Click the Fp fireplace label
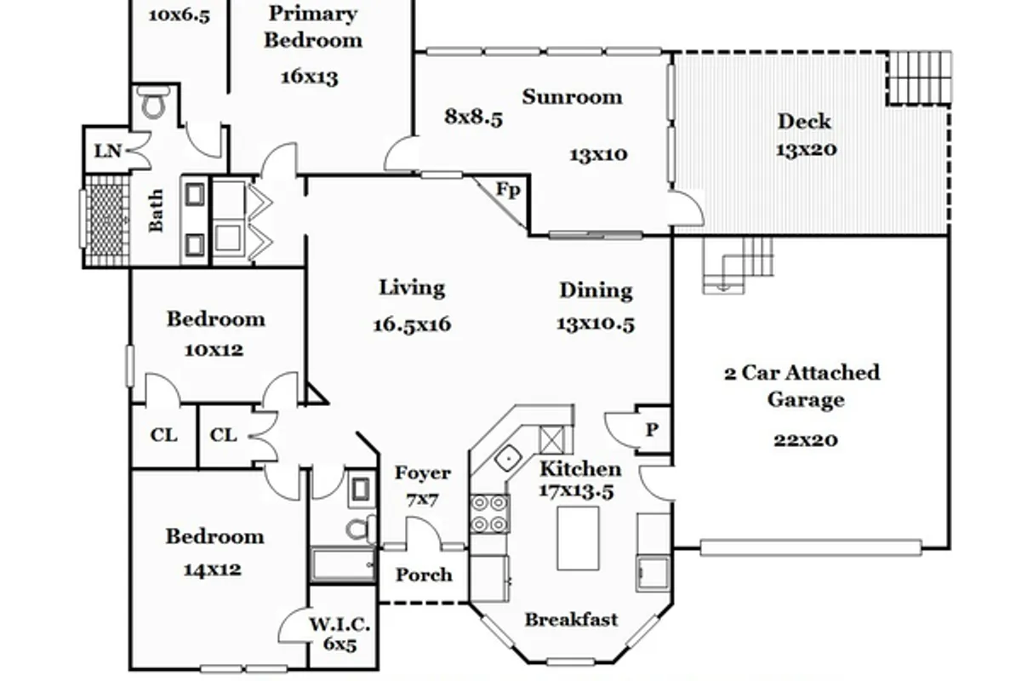tap(508, 190)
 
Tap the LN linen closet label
tap(108, 151)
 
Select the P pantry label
tap(653, 430)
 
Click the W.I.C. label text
tap(339, 625)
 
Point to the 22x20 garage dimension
tap(806, 440)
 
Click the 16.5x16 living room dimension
tap(412, 325)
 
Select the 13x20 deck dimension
tap(807, 149)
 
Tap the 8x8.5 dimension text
tap(474, 117)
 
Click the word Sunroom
tap(572, 97)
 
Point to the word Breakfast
tap(571, 620)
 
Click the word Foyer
tap(423, 473)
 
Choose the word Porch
tap(424, 575)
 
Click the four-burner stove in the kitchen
tap(489, 514)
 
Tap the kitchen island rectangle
tap(578, 539)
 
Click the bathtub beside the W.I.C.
tap(343, 564)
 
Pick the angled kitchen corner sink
tap(509, 457)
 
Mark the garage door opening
tap(811, 547)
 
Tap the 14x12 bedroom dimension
tap(213, 569)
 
